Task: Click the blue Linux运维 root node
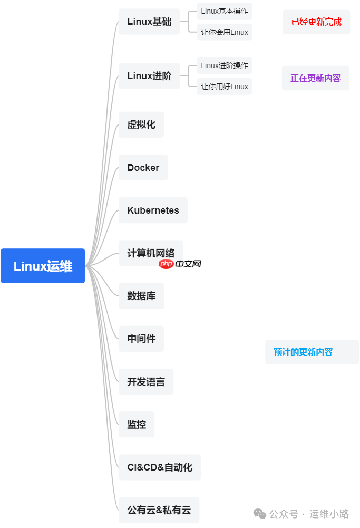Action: pyautogui.click(x=43, y=266)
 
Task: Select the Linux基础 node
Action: pyautogui.click(x=149, y=22)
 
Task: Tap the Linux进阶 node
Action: pyautogui.click(x=149, y=76)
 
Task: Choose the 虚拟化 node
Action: pyautogui.click(x=141, y=124)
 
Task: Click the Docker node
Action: pyautogui.click(x=143, y=168)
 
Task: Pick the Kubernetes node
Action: pyautogui.click(x=153, y=210)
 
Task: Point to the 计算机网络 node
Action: pyautogui.click(x=151, y=253)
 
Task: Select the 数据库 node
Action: pyautogui.click(x=141, y=296)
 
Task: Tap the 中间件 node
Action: pyautogui.click(x=141, y=339)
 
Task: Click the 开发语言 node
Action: pyautogui.click(x=146, y=381)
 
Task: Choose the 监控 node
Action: pyautogui.click(x=137, y=424)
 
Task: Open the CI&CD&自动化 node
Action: pyautogui.click(x=160, y=467)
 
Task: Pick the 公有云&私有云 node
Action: pyautogui.click(x=159, y=510)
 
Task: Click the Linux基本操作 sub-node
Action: pyautogui.click(x=225, y=11)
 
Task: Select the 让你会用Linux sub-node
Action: pyautogui.click(x=225, y=32)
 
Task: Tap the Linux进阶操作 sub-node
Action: pyautogui.click(x=225, y=66)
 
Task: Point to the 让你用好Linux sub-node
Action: pyautogui.click(x=225, y=87)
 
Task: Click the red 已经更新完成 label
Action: pyautogui.click(x=316, y=22)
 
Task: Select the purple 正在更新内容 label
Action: pyautogui.click(x=316, y=78)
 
